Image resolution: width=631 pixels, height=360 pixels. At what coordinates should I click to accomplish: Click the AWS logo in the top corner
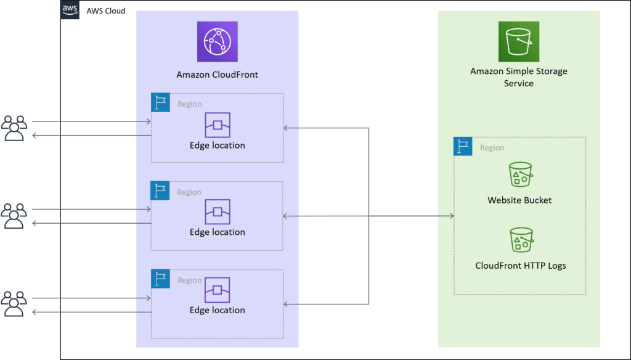tap(70, 10)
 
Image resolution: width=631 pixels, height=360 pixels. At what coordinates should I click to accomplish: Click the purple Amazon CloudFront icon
tap(217, 41)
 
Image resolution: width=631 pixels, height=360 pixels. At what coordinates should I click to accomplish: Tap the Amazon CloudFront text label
tap(217, 75)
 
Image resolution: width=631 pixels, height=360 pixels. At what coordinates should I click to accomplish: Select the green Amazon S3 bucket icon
tap(518, 41)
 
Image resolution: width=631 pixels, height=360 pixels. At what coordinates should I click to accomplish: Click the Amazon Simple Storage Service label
tap(518, 77)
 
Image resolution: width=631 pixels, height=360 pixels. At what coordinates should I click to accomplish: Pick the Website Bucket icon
tap(520, 174)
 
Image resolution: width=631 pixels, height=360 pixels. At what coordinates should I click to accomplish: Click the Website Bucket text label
tap(519, 200)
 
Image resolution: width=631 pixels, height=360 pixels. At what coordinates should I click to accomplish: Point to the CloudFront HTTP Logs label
tap(520, 266)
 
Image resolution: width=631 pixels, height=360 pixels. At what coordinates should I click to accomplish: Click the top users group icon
tap(14, 128)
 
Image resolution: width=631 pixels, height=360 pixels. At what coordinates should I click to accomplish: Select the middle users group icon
tap(14, 216)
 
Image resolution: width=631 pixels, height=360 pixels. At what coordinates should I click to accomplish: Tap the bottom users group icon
tap(14, 304)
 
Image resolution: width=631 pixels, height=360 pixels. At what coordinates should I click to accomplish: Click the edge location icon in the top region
tap(217, 125)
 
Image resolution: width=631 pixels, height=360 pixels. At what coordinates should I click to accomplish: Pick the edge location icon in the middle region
tap(217, 212)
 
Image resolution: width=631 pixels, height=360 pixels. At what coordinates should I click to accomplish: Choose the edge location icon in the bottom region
tap(217, 290)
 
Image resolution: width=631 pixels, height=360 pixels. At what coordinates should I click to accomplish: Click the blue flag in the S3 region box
tap(463, 146)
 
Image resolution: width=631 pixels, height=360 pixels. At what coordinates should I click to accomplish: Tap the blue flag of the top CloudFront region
tap(160, 102)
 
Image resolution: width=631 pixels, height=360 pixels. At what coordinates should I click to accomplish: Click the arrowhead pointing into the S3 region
tap(451, 216)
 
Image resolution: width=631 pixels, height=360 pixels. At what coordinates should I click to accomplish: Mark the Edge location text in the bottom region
tap(217, 310)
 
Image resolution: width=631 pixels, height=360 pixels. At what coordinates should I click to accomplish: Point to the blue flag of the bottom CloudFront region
tap(160, 279)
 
